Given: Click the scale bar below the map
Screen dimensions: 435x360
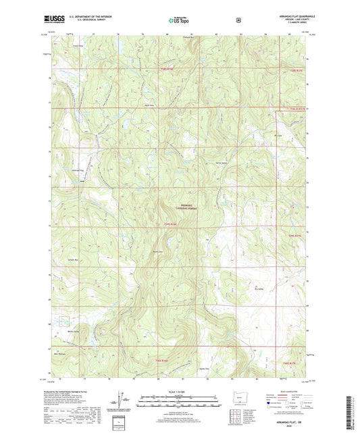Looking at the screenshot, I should (180, 398).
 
